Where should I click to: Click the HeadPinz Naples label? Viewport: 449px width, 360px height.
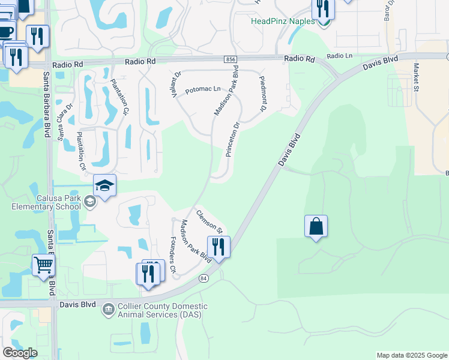coord(282,21)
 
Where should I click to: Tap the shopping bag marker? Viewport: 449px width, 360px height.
coord(316,227)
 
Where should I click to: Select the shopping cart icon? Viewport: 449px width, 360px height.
coord(43,265)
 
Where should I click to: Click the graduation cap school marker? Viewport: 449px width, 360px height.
coord(104,185)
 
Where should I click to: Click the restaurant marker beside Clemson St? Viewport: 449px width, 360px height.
coord(218,247)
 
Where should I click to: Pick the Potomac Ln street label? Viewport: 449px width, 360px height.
coord(203,90)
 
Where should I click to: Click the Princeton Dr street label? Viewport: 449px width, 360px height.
coord(232,140)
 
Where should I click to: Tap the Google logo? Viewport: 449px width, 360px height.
coord(20,353)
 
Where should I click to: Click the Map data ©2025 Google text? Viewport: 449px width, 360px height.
coord(411,355)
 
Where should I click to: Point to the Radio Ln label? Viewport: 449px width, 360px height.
coord(339,56)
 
